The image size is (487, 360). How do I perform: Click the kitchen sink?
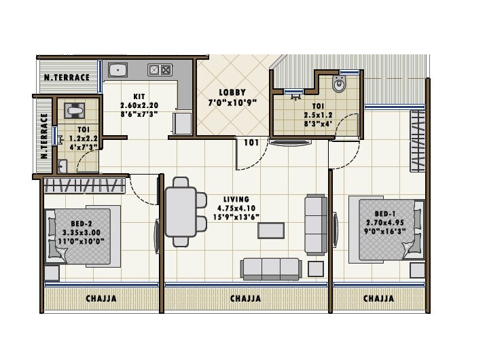coord(118,69)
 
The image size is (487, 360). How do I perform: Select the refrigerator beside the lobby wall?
coord(182,123)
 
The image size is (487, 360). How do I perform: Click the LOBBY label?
coord(232,92)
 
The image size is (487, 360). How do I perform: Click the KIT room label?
coord(139,97)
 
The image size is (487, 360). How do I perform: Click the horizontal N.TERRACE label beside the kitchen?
coord(67,77)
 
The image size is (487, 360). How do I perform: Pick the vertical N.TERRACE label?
coord(44,137)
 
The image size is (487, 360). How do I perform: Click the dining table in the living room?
coord(181,211)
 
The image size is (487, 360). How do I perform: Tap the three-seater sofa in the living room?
coord(270,268)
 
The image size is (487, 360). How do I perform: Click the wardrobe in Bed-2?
coord(85,185)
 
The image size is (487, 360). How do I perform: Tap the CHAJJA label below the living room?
coord(245,298)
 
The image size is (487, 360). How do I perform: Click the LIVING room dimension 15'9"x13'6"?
coord(238,217)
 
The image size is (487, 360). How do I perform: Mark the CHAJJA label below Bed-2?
coord(101,298)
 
